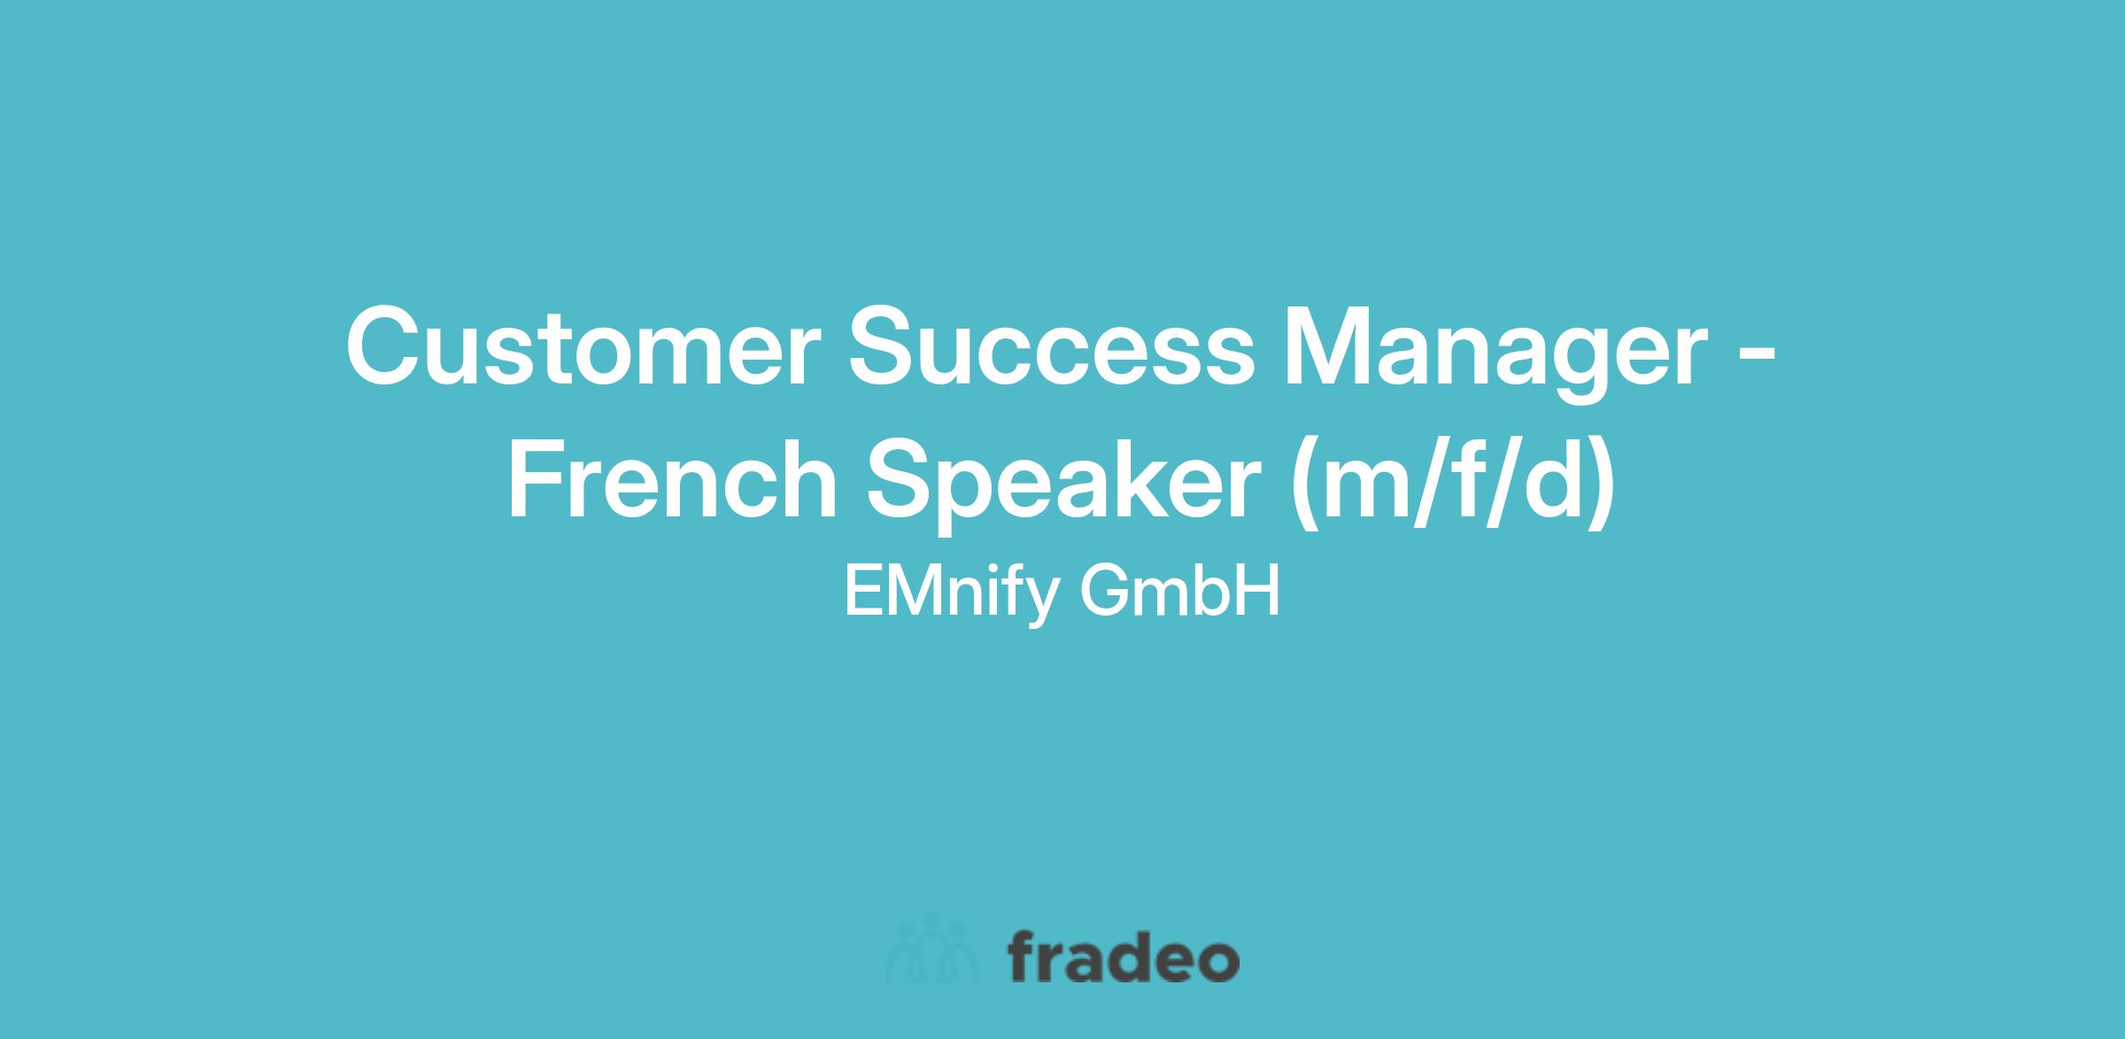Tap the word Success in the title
(x=1051, y=345)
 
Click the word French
(x=671, y=477)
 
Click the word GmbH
(x=1179, y=591)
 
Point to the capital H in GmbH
(x=1258, y=591)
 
